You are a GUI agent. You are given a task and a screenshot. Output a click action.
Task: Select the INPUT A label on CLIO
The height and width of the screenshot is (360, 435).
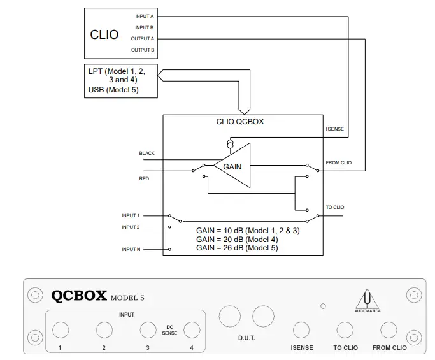click(144, 16)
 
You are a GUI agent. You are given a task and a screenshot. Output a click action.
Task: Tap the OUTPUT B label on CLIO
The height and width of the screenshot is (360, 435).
click(143, 50)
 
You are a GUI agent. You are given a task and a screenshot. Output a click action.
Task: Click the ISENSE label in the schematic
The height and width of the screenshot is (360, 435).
click(334, 129)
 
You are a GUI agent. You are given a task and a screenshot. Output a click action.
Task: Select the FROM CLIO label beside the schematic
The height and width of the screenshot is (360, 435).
click(338, 162)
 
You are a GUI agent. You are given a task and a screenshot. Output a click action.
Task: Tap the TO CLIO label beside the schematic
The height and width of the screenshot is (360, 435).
click(335, 207)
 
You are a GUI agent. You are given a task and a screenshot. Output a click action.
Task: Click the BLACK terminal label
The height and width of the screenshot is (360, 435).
click(147, 154)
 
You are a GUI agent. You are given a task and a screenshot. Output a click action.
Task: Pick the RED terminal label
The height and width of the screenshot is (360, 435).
click(144, 179)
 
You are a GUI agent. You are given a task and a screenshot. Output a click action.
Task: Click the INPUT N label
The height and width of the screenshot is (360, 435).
click(131, 249)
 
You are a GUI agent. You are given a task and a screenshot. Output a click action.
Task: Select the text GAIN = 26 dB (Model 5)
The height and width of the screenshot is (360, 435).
click(238, 247)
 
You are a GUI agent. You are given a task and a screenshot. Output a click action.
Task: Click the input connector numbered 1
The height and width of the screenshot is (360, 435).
click(61, 329)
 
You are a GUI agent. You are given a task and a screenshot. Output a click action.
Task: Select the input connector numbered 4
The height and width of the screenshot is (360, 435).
click(191, 329)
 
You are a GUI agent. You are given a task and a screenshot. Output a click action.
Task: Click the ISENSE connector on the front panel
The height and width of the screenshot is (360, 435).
click(301, 330)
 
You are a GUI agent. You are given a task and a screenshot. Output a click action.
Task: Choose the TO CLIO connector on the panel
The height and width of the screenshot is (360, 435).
click(345, 330)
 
